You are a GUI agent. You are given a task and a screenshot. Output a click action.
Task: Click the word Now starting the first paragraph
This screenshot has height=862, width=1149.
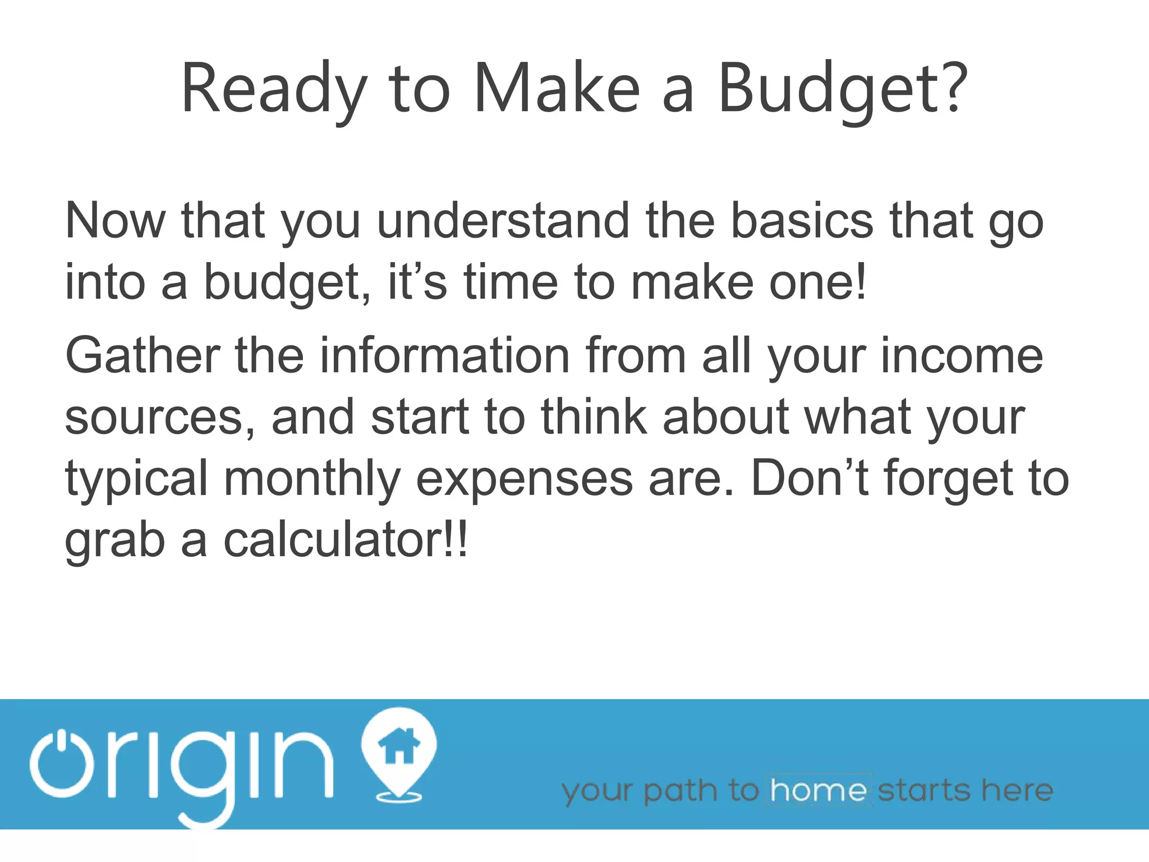coord(115,221)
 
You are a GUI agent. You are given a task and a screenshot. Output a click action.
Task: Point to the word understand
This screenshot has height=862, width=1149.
coord(503,221)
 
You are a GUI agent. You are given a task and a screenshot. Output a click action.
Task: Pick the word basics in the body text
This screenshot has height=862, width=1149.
coord(802,221)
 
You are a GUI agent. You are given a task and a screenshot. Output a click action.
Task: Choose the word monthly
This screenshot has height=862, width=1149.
coord(312,480)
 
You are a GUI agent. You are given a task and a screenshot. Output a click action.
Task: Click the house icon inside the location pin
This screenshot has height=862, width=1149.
coord(399,746)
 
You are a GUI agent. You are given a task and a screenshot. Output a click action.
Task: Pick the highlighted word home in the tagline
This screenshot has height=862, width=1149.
coord(819,790)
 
